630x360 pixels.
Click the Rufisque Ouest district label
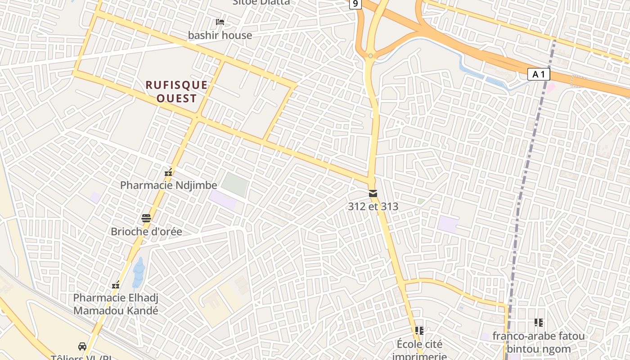(x=177, y=92)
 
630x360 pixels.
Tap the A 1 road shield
(x=538, y=74)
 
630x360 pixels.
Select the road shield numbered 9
(x=355, y=4)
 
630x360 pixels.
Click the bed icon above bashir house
(x=220, y=22)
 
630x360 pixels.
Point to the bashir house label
(x=220, y=35)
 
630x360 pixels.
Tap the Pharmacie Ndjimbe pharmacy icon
(x=169, y=172)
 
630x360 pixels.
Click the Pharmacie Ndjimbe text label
(x=168, y=185)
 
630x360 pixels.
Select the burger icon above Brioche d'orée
(x=146, y=218)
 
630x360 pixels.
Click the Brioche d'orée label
(x=146, y=232)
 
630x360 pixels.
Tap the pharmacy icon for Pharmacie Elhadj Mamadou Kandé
(x=116, y=285)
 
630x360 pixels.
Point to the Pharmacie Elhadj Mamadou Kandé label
(x=116, y=304)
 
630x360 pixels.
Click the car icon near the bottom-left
(x=82, y=346)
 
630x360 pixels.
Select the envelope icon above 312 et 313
(x=373, y=193)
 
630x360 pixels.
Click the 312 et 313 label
(x=373, y=207)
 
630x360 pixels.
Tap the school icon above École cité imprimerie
(x=419, y=331)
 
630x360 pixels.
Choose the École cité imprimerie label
(x=419, y=350)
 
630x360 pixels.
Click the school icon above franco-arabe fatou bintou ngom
(x=538, y=323)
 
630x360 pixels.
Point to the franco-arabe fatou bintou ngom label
(x=538, y=342)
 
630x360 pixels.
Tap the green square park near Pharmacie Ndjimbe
(x=234, y=184)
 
